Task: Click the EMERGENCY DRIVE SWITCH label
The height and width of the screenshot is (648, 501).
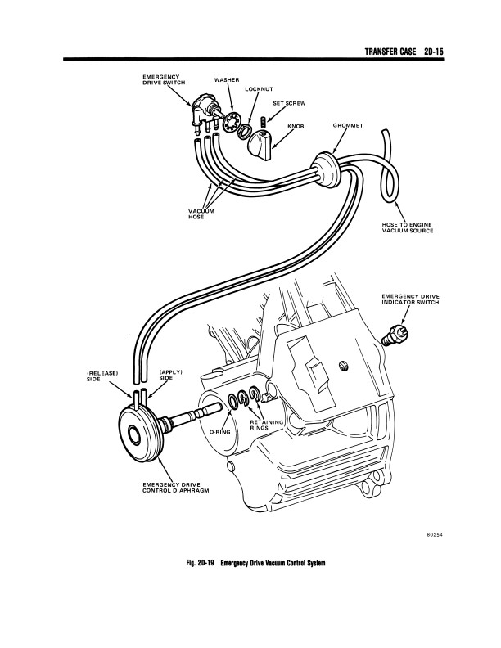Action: [x=161, y=80]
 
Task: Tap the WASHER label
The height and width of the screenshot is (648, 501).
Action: [x=226, y=80]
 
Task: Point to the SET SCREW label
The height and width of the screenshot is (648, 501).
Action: [x=289, y=104]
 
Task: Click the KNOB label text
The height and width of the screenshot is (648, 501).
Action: [x=296, y=126]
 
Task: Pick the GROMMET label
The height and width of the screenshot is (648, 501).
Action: [x=348, y=126]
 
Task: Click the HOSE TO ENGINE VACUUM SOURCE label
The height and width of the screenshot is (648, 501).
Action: [x=407, y=227]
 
